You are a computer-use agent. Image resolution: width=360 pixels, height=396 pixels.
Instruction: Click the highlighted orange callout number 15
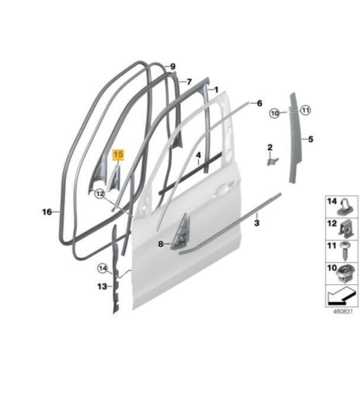tap(118, 154)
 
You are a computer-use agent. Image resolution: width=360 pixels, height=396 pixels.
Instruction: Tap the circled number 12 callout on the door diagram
tap(100, 194)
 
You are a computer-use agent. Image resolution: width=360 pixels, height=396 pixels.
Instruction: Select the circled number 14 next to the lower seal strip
tap(103, 269)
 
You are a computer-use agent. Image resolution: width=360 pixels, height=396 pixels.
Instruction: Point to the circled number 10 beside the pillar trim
tap(275, 113)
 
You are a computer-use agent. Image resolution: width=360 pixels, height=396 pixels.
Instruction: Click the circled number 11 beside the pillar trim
tap(306, 110)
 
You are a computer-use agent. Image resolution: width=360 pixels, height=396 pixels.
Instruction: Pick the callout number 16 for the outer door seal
tap(47, 212)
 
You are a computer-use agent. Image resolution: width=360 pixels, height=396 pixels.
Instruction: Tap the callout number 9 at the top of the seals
tap(172, 67)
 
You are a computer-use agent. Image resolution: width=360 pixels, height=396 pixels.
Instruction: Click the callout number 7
tap(189, 82)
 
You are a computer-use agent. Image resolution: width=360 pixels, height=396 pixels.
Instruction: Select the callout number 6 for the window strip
tap(259, 103)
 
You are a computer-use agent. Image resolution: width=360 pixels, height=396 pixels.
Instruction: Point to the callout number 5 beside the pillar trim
tap(310, 139)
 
